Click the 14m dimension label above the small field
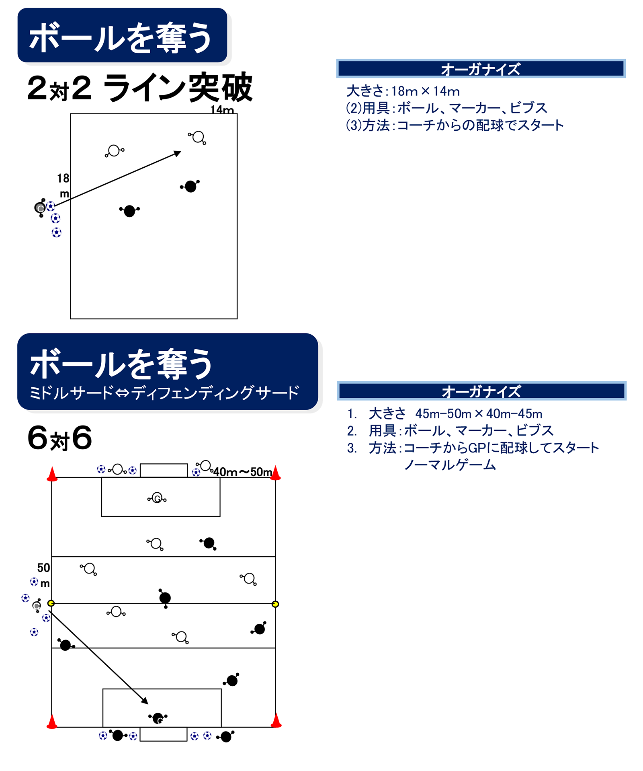(222, 109)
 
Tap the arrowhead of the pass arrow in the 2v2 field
(178, 153)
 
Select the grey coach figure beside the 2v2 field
(40, 208)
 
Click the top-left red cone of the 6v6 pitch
(52, 475)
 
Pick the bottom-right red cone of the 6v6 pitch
(276, 721)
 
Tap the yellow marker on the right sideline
(275, 604)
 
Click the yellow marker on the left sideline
(51, 603)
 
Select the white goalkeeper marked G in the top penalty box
(157, 498)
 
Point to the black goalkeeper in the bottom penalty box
(158, 718)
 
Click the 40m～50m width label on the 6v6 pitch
(242, 472)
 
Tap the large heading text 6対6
(60, 438)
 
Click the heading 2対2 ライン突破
(139, 88)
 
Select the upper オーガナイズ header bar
(481, 69)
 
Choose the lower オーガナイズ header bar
(481, 391)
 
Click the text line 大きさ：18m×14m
(403, 91)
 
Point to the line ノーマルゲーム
(450, 465)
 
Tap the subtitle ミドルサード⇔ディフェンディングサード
(164, 393)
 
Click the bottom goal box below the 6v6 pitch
(163, 734)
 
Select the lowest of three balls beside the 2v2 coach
(57, 232)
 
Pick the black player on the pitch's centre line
(165, 598)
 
